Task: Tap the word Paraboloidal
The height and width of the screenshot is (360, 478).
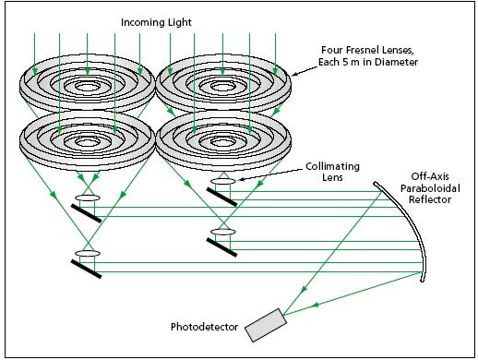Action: tap(426, 188)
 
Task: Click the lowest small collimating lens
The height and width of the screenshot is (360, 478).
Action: tap(87, 253)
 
